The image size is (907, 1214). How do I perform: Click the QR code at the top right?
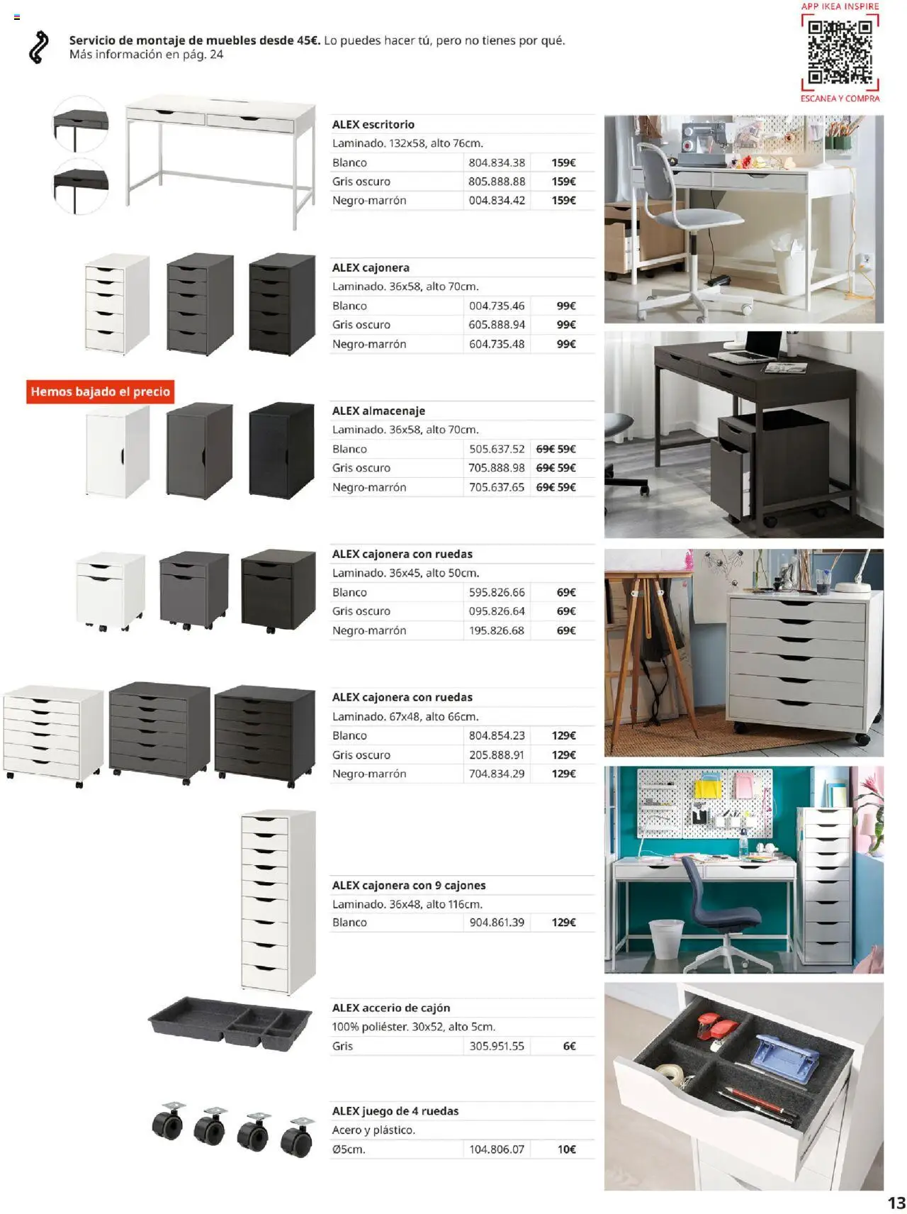[x=840, y=52]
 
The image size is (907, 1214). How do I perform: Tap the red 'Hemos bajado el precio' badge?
[x=100, y=391]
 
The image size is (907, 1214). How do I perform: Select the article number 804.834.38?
[x=497, y=162]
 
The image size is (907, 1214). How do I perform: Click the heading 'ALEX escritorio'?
[x=373, y=124]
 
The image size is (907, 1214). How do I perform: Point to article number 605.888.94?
[x=497, y=325]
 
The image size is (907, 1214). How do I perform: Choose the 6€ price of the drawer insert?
[x=569, y=1046]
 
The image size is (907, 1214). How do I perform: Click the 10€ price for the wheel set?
[x=566, y=1149]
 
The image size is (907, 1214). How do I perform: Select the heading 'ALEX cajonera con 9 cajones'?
[x=409, y=885]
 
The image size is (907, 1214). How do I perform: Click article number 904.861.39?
[x=497, y=923]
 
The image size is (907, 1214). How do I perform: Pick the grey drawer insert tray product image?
[x=230, y=1023]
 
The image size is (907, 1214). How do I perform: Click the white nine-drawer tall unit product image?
[x=277, y=901]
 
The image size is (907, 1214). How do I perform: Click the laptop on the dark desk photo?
[x=760, y=348]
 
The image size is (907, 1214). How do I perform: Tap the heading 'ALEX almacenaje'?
[x=378, y=411]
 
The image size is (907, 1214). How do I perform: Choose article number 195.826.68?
[x=497, y=630]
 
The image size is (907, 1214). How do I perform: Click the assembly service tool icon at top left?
[x=39, y=47]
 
